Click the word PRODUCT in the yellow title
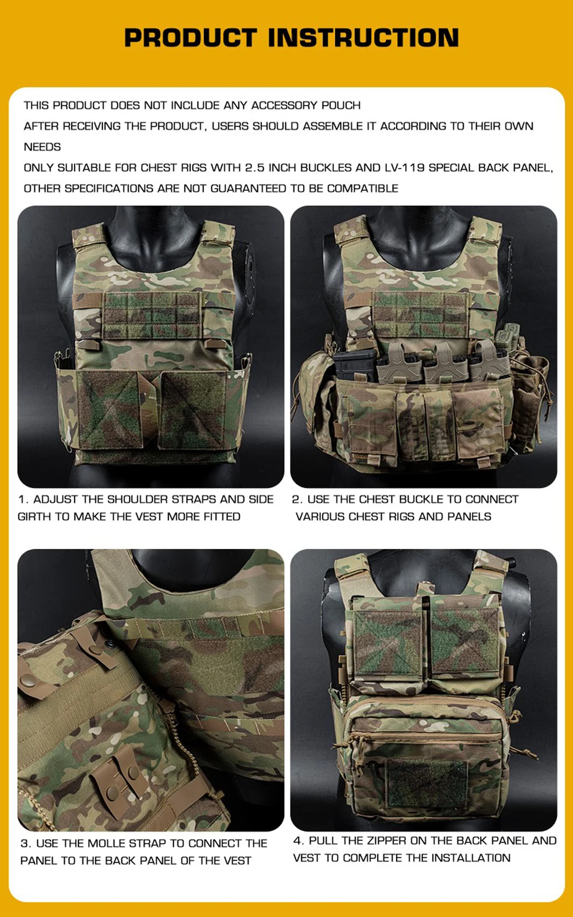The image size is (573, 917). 191,37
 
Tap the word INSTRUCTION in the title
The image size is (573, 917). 363,37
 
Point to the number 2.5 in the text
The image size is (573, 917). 254,168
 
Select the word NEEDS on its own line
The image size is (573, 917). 42,147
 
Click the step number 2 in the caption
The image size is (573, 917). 296,499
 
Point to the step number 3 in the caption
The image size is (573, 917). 25,843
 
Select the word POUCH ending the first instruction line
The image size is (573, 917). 341,105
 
